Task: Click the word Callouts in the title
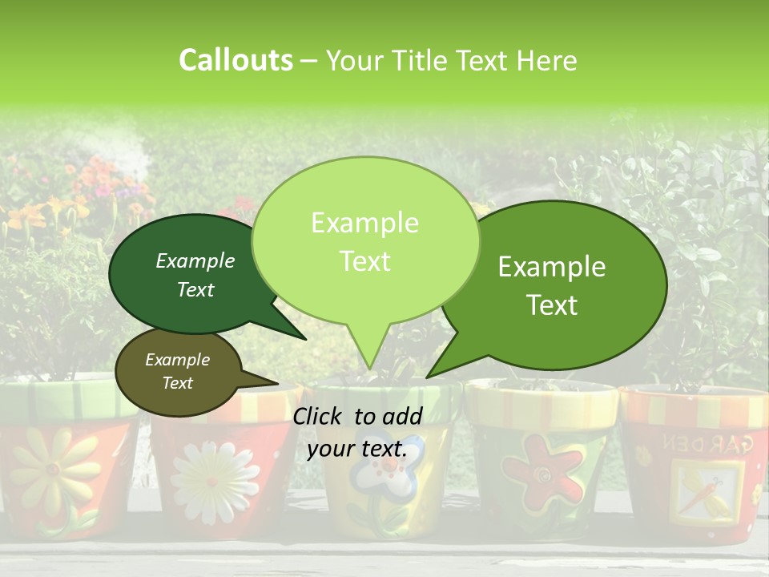(x=236, y=60)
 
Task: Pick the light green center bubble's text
(x=364, y=242)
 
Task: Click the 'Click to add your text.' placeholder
(x=357, y=433)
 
